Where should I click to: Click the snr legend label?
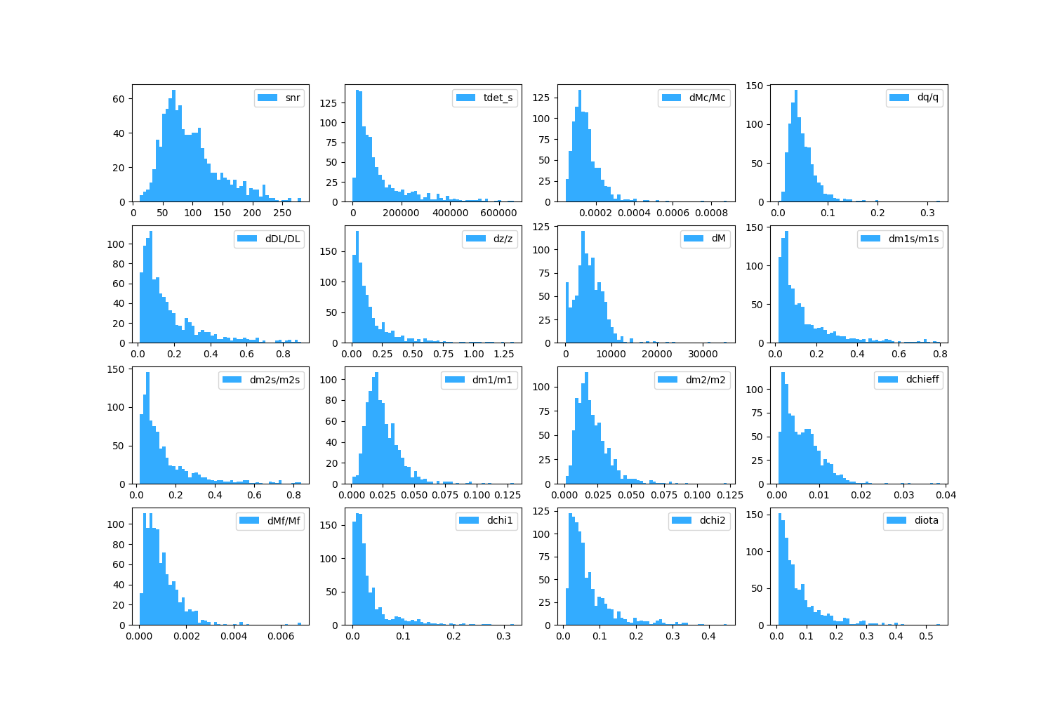point(293,98)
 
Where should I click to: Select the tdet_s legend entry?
point(498,98)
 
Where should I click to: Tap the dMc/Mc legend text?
point(707,98)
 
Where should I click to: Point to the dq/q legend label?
point(927,97)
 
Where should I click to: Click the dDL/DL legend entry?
point(282,239)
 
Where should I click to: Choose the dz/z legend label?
point(503,239)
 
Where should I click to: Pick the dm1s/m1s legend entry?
point(913,239)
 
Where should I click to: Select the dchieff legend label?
point(922,379)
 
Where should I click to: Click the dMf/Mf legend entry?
point(284,520)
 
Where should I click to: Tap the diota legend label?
point(926,520)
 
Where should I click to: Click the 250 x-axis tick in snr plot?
point(282,213)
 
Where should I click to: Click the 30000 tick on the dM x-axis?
point(703,355)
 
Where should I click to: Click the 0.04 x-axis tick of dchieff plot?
point(946,495)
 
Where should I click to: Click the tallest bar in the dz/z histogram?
point(357,288)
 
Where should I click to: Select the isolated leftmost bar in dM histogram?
point(567,313)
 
